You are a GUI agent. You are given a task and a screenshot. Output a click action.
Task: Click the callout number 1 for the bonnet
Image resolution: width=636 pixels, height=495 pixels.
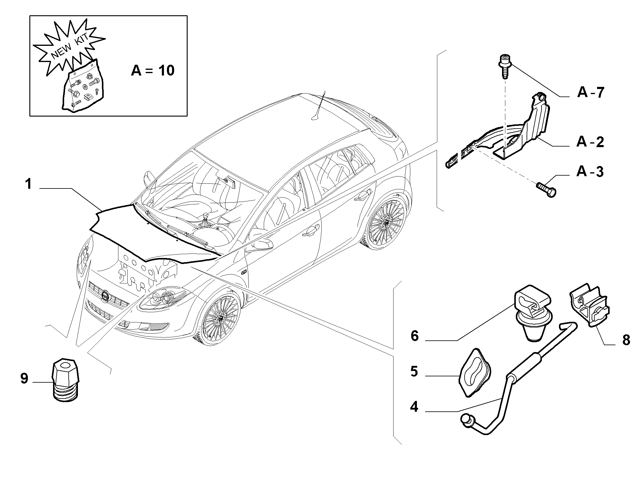pyautogui.click(x=28, y=184)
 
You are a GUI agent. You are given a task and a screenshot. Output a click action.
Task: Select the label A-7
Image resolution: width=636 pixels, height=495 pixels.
pyautogui.click(x=591, y=92)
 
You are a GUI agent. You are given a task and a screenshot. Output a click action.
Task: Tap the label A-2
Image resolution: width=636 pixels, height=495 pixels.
pyautogui.click(x=590, y=142)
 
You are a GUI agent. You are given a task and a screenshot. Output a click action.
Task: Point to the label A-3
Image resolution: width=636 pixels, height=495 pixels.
pyautogui.click(x=590, y=172)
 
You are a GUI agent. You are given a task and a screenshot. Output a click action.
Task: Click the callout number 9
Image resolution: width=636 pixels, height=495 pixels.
pyautogui.click(x=24, y=378)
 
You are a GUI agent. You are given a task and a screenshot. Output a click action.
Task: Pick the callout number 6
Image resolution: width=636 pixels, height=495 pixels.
pyautogui.click(x=415, y=336)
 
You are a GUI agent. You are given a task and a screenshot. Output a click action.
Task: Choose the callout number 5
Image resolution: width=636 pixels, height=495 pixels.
pyautogui.click(x=414, y=372)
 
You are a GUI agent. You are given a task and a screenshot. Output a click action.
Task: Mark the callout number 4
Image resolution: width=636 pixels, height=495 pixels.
pyautogui.click(x=414, y=407)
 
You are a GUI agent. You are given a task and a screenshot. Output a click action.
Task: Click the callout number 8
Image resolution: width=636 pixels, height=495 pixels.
pyautogui.click(x=626, y=340)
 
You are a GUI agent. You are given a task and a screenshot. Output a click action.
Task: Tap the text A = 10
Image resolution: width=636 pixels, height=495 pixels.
pyautogui.click(x=153, y=71)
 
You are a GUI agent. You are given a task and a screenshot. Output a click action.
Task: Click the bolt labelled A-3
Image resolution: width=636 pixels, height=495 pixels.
pyautogui.click(x=546, y=190)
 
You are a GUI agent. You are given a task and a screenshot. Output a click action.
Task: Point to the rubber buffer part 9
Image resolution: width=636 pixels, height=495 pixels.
pyautogui.click(x=65, y=380)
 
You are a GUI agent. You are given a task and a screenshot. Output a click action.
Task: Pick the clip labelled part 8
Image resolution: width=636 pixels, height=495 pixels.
pyautogui.click(x=588, y=305)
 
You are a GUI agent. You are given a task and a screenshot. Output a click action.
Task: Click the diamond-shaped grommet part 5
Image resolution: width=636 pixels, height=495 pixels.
pyautogui.click(x=475, y=372)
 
